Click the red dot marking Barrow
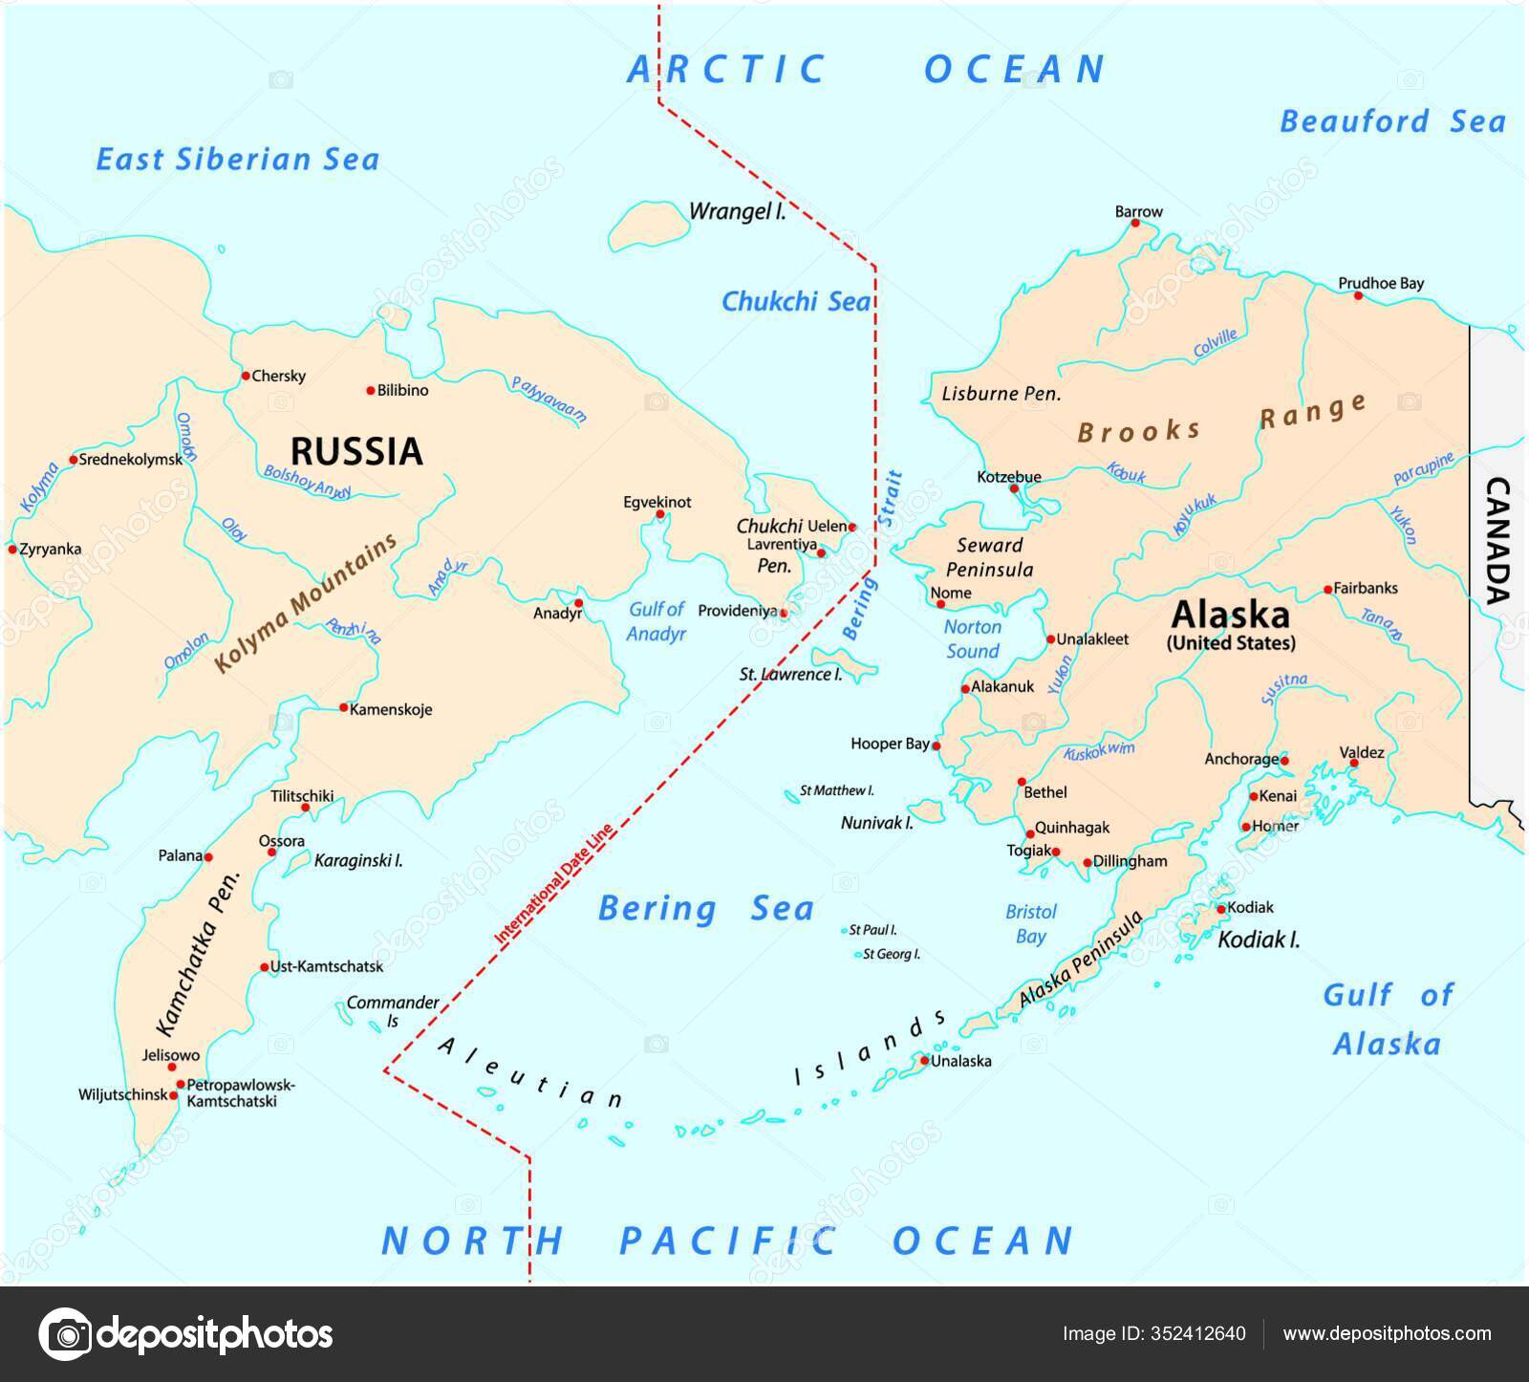coord(1135,224)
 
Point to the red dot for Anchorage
coord(1284,761)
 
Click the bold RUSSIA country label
coord(356,451)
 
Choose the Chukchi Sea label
coord(795,302)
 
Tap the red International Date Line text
coord(553,879)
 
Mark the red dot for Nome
coord(939,604)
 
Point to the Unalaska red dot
coord(924,1060)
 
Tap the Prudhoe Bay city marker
coord(1358,295)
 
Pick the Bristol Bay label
coord(1031,924)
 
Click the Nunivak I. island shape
coord(925,810)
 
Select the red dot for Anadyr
coord(578,603)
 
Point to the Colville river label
coord(1216,344)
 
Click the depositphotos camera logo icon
coord(65,1333)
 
